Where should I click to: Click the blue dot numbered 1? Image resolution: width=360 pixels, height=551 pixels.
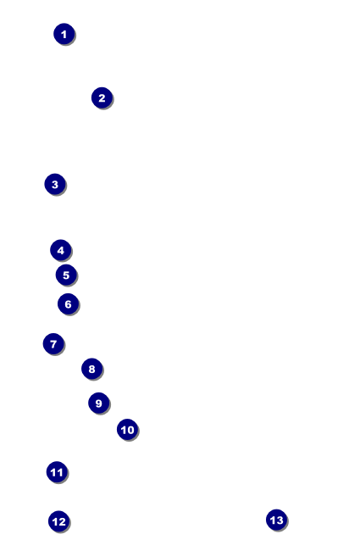click(x=64, y=34)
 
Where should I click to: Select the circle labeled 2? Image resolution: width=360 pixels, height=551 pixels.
click(x=102, y=97)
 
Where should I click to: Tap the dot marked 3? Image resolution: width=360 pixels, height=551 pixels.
click(x=55, y=184)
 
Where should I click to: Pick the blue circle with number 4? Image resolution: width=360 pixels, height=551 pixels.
click(x=61, y=250)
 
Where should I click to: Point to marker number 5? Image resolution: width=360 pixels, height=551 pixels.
click(x=66, y=275)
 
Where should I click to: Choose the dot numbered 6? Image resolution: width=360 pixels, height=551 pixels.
click(x=68, y=304)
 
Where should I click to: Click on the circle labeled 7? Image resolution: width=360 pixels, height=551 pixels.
click(x=53, y=343)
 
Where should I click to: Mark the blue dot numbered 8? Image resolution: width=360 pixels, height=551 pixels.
click(x=91, y=369)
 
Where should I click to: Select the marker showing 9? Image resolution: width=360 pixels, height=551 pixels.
click(x=99, y=403)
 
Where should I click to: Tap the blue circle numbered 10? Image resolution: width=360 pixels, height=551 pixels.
click(x=128, y=430)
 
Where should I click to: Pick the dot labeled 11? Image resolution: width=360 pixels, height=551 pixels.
click(x=57, y=472)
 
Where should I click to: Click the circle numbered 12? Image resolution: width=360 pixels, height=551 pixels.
click(x=59, y=521)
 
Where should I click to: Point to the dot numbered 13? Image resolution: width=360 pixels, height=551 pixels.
click(x=277, y=520)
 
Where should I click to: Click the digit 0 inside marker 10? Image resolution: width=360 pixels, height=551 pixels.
click(x=130, y=430)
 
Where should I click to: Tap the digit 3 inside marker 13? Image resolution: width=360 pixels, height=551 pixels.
click(x=280, y=520)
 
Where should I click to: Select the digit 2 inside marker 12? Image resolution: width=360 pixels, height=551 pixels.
click(x=62, y=522)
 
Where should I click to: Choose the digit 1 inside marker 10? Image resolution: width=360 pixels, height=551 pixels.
click(x=124, y=430)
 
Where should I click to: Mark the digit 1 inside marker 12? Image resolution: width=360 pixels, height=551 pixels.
click(x=55, y=522)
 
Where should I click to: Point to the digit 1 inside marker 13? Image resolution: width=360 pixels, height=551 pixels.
click(x=273, y=520)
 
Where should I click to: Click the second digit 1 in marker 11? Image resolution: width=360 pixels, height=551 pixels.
click(x=60, y=473)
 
